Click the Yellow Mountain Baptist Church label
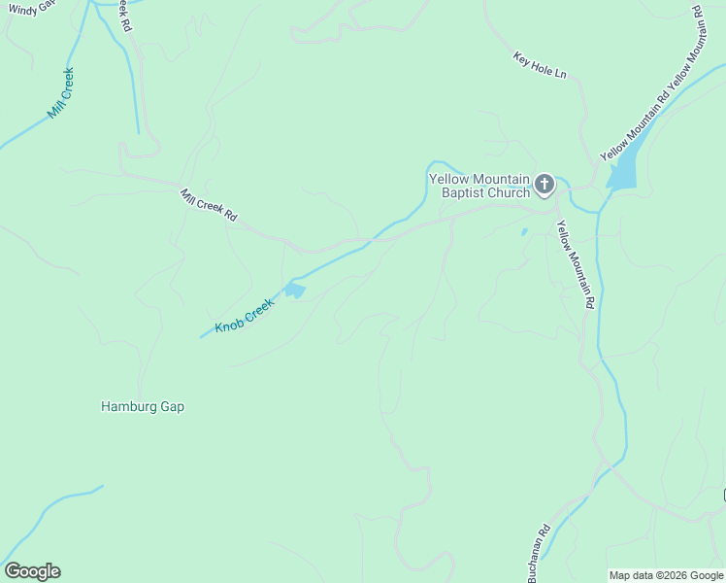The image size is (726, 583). (x=479, y=186)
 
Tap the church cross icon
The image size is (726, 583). (x=544, y=184)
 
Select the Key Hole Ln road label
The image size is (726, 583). (x=540, y=65)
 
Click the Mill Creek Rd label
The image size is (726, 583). (x=209, y=205)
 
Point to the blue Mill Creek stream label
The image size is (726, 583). (x=60, y=94)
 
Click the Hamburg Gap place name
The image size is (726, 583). (x=143, y=407)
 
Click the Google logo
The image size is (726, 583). (x=32, y=571)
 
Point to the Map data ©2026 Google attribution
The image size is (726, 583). (x=666, y=575)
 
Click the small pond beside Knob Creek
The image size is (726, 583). (x=294, y=291)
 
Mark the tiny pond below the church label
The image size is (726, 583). (x=524, y=232)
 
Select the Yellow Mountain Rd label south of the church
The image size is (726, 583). (x=574, y=264)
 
